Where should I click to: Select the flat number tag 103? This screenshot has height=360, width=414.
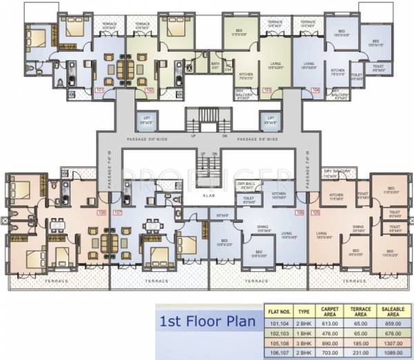(267, 90)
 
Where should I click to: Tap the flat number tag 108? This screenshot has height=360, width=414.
(102, 212)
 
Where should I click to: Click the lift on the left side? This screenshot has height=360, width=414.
(146, 119)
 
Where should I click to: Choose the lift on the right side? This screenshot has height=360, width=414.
(268, 119)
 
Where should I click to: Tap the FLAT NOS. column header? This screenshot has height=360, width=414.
(279, 310)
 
